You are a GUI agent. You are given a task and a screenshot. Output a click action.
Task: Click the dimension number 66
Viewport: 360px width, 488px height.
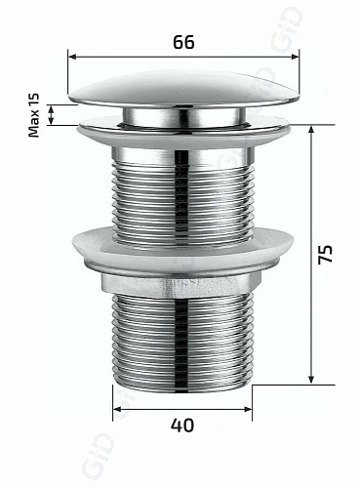[184, 43]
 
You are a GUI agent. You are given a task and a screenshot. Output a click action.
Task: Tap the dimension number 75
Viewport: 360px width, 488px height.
[328, 255]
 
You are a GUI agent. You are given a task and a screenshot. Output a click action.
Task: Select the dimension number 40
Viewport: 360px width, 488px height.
[182, 426]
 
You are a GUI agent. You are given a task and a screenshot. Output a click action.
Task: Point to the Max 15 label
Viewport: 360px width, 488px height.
[35, 116]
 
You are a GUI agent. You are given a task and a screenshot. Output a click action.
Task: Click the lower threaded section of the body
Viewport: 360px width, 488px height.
[182, 342]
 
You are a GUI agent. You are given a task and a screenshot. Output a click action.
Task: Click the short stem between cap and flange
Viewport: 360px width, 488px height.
[182, 116]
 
